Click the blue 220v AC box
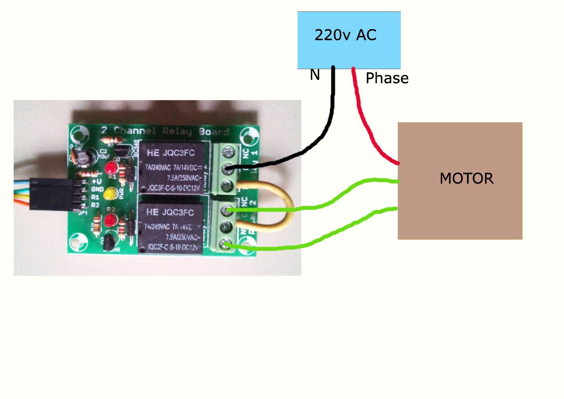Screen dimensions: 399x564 [349, 40]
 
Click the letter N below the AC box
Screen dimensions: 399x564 [314, 75]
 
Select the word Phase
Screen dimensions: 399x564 [387, 78]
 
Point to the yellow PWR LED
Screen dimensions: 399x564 [110, 194]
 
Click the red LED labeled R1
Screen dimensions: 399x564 [110, 168]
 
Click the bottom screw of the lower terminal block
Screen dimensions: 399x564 [226, 243]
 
